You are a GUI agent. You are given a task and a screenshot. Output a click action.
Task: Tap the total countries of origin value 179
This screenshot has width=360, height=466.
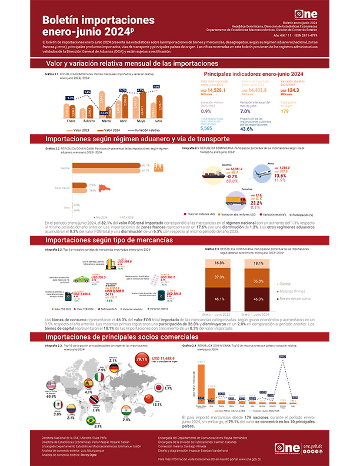click(285, 111)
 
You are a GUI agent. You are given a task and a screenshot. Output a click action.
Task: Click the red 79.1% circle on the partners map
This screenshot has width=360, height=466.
click(141, 359)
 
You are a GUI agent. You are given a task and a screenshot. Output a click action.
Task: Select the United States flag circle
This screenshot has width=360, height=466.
click(51, 385)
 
